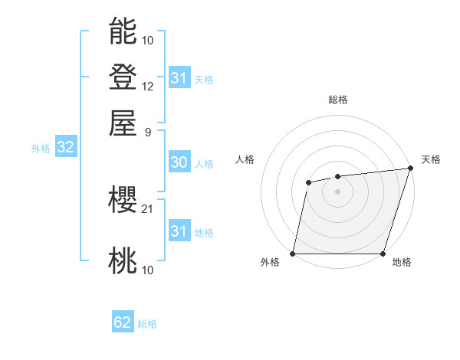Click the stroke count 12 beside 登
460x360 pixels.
148,86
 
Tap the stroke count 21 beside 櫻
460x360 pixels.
148,208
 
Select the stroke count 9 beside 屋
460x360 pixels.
147,131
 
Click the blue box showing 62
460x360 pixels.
123,322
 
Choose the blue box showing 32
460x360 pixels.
65,148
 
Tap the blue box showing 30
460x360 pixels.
179,162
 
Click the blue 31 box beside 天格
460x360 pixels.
179,78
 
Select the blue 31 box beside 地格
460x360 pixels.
179,231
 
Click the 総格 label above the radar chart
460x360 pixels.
337,100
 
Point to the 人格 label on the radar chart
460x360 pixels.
245,159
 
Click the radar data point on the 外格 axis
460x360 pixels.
293,254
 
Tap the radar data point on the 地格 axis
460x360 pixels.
383,254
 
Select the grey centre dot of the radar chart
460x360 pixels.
337,191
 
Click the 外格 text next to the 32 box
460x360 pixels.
40,149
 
